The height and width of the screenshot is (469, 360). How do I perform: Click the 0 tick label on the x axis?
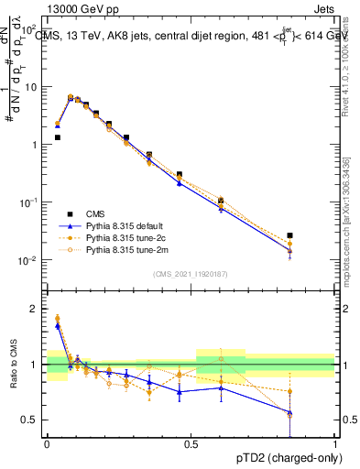47,443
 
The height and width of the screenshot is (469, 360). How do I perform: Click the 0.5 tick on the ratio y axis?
31,420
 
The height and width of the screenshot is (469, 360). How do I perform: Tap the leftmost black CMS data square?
57,137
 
